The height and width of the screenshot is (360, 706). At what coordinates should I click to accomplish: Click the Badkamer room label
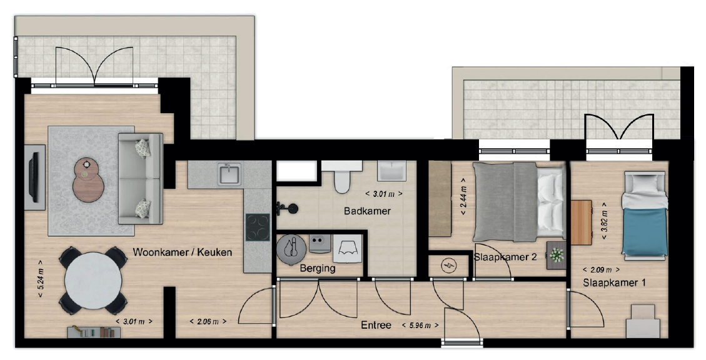coord(367,211)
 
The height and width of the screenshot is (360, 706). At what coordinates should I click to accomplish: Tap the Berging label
coord(318,269)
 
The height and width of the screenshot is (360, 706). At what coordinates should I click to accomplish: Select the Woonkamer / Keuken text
coord(183,252)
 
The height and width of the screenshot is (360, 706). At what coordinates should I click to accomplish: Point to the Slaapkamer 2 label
coord(505,257)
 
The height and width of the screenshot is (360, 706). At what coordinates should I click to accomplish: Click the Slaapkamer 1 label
coord(614,283)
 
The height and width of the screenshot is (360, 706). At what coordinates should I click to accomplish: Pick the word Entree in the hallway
coord(376,325)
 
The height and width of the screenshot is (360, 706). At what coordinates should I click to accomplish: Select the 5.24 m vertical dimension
coord(41,279)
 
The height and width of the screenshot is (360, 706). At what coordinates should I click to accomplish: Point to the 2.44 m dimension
coord(464,197)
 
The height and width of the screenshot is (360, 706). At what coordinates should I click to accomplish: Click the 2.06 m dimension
coord(208,321)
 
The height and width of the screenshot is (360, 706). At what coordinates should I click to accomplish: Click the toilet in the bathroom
coord(342,178)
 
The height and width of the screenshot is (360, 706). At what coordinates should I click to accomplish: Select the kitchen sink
coord(229,174)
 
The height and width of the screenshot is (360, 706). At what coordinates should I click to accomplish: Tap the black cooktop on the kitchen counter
coord(258,227)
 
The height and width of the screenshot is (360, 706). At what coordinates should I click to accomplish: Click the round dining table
coord(93,281)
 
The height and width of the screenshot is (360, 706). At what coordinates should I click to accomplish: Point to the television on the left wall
coord(34,177)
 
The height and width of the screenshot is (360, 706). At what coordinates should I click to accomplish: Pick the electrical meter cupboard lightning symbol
coord(448,267)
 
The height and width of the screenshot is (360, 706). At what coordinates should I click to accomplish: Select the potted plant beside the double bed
coord(557,255)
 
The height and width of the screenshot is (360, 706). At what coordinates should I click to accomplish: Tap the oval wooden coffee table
coord(88,180)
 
